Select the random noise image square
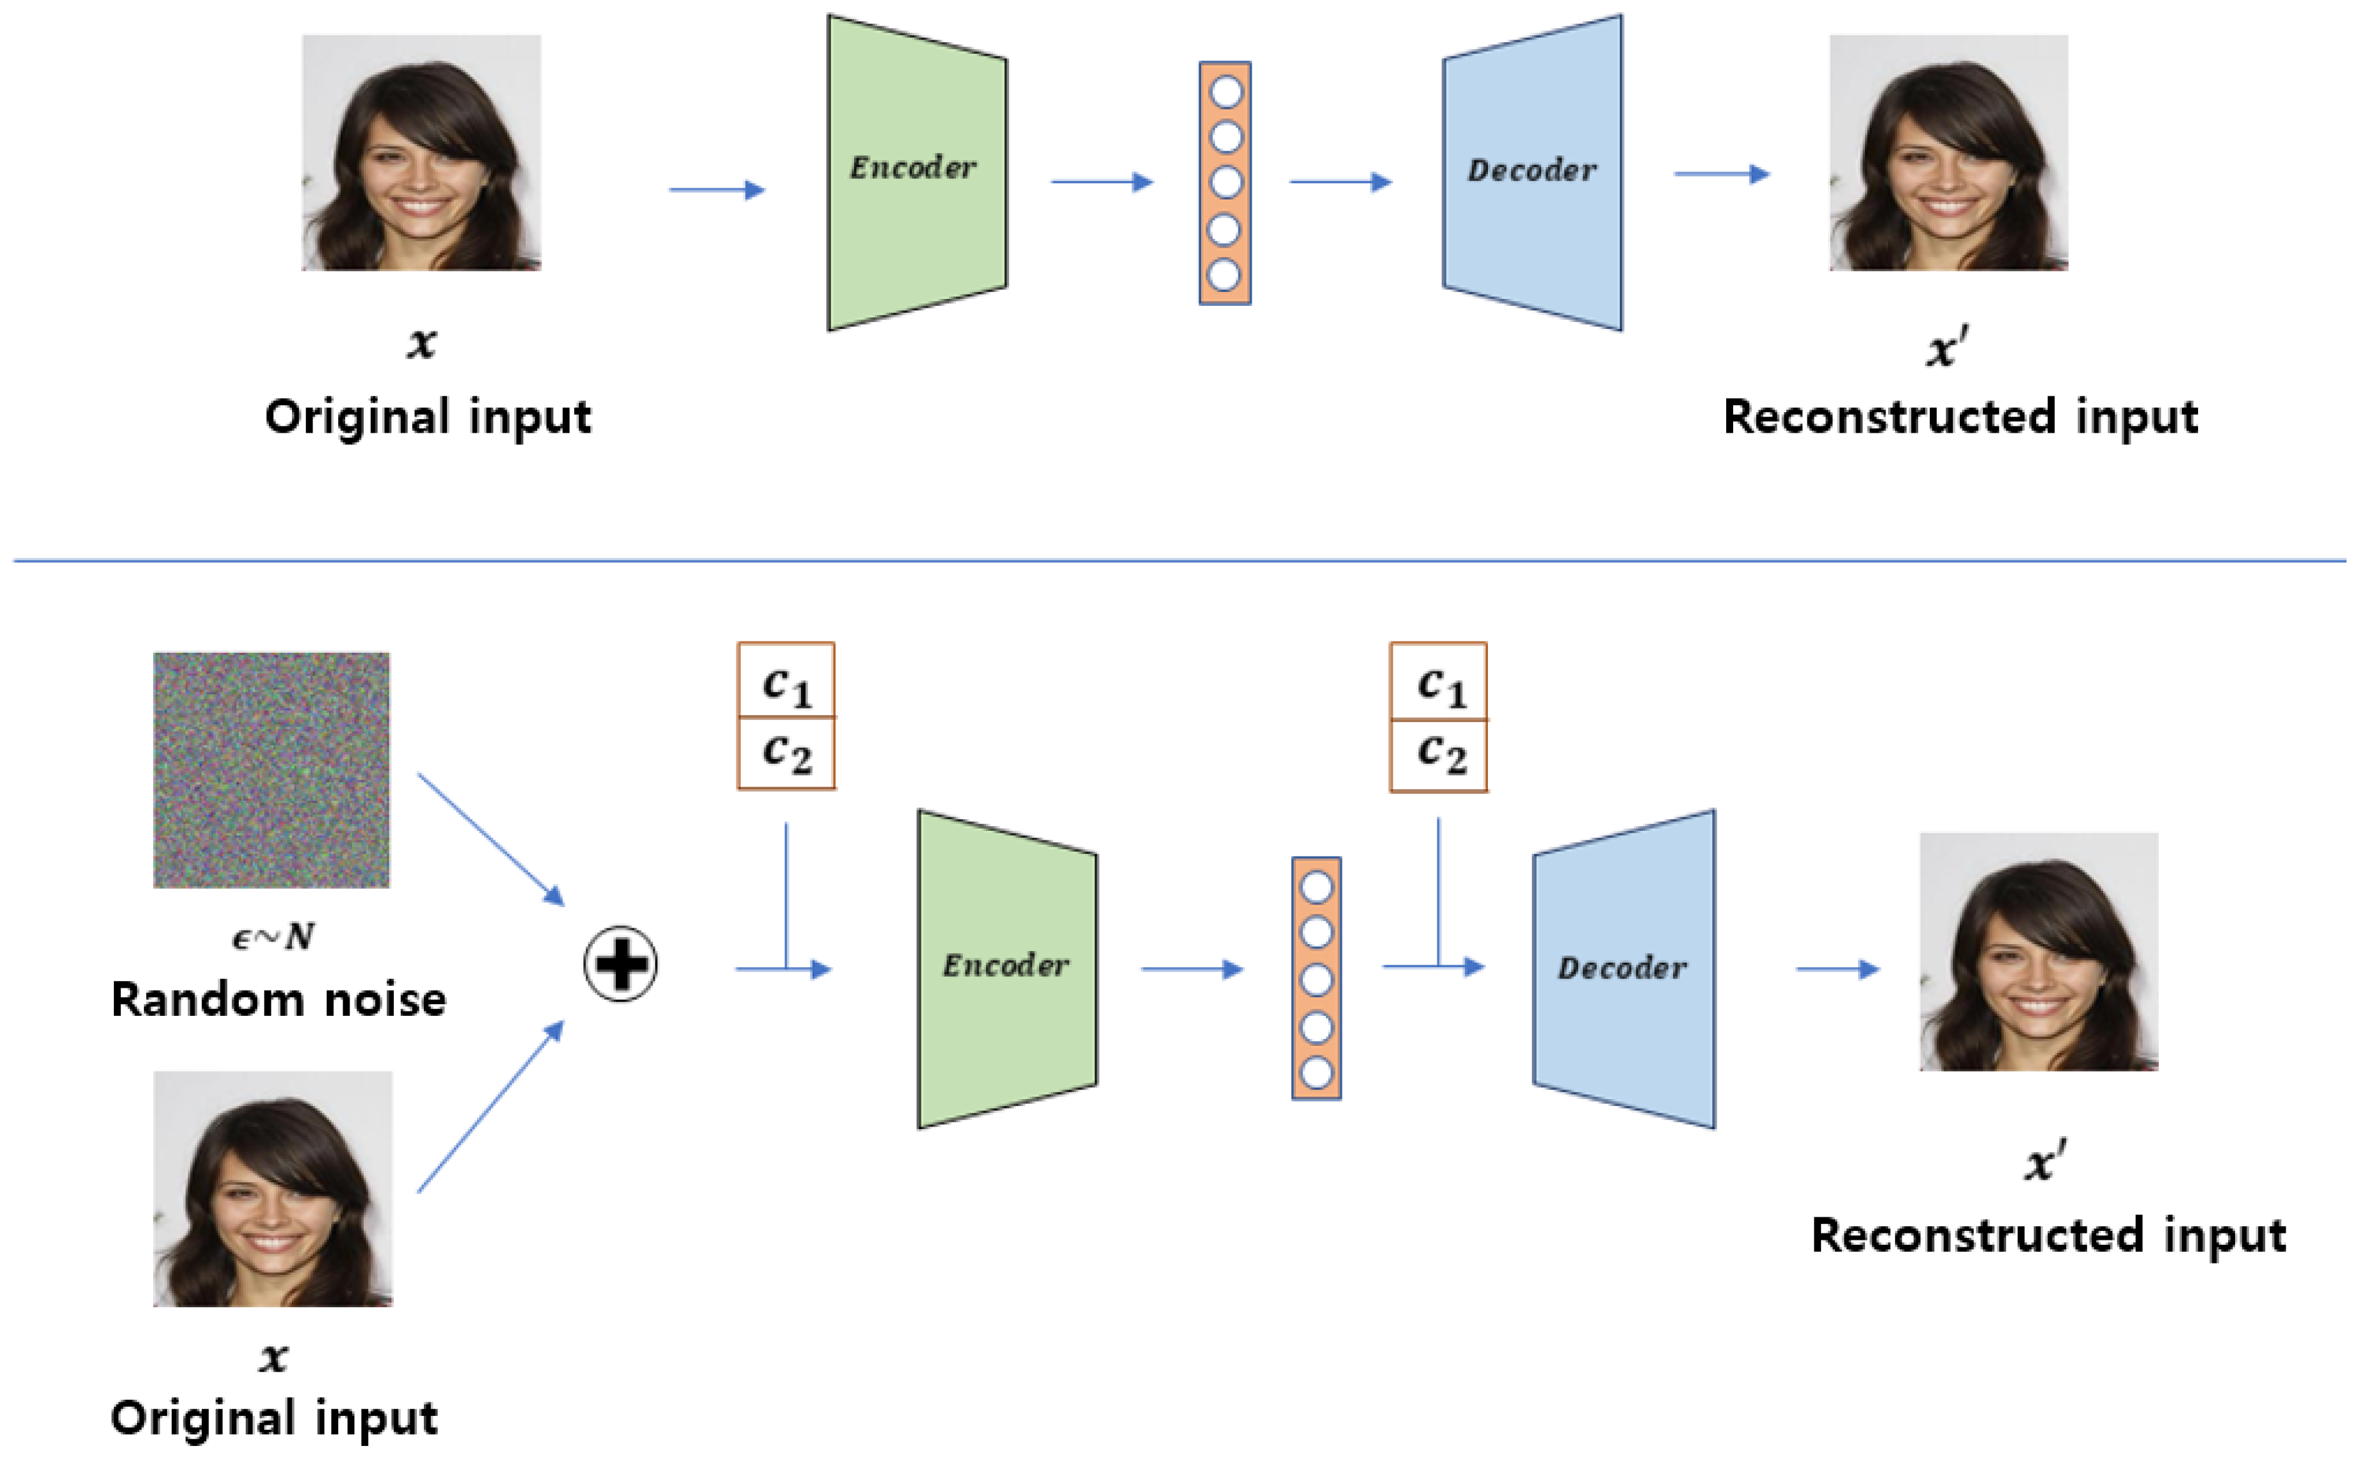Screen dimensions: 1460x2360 271,769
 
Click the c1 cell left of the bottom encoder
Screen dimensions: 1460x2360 786,682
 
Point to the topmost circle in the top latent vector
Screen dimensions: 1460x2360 1225,93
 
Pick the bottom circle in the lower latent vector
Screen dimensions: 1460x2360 1316,1072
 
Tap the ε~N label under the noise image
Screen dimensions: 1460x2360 273,936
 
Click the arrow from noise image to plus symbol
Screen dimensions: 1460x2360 490,838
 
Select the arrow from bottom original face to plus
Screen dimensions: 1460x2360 490,1107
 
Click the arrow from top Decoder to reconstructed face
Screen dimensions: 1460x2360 1721,174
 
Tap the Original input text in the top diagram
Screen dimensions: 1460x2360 427,417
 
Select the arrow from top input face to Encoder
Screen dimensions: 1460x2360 716,189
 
